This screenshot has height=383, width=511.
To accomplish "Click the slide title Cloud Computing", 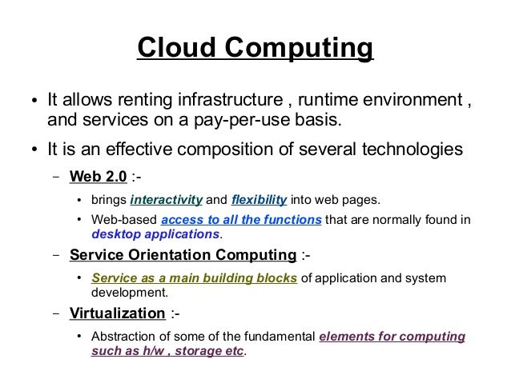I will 255,48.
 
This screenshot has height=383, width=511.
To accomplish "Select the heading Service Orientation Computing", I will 183,256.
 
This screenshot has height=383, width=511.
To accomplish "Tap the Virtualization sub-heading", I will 117,313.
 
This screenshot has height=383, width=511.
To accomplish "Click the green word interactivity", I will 167,199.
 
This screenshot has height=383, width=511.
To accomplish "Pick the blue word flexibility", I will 259,199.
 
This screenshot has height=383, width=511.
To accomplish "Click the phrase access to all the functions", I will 241,220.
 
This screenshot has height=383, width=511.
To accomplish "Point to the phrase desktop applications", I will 155,234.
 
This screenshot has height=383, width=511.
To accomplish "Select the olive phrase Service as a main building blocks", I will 195,278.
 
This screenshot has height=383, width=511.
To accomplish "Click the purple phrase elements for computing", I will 392,337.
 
